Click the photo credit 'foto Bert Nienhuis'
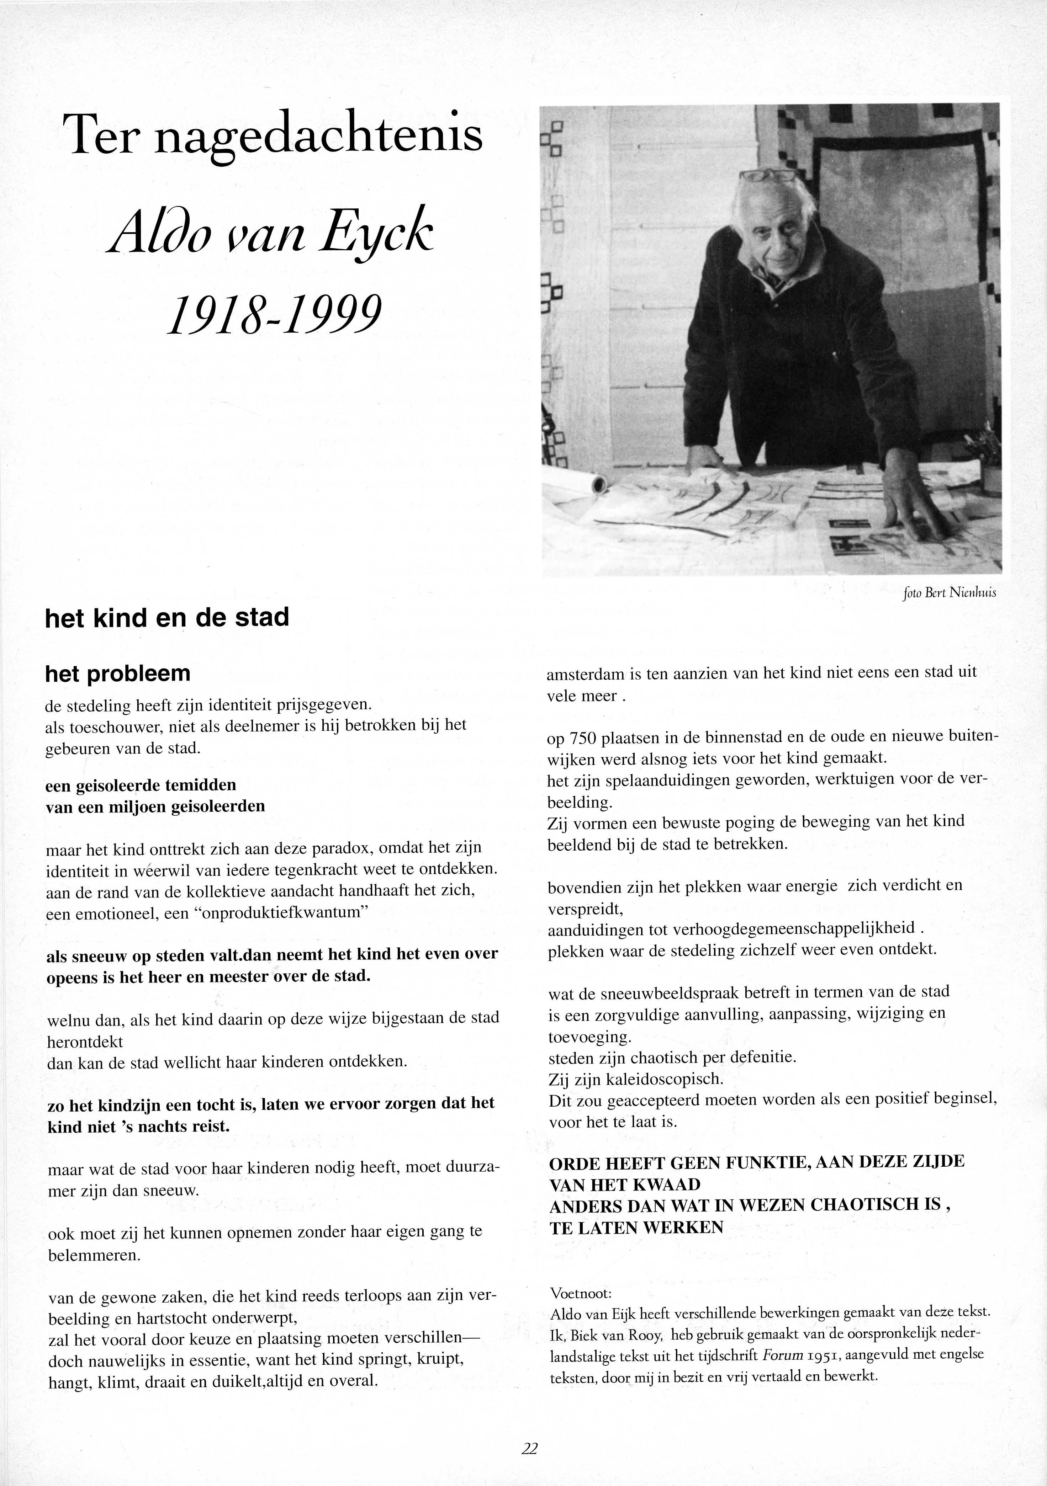[x=948, y=592]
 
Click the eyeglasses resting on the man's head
[x=768, y=175]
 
